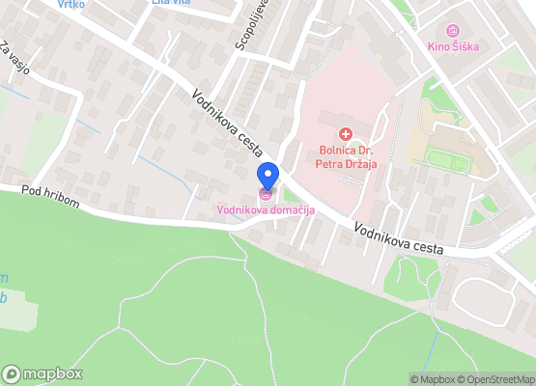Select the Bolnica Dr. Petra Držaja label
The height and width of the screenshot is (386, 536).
coord(346,155)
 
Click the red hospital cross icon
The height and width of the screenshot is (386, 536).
coord(345,133)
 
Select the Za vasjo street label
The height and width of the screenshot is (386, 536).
coord(16,61)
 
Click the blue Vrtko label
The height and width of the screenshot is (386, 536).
coord(71,4)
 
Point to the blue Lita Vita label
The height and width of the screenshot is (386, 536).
coord(171,3)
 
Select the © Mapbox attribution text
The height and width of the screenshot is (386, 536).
coord(434,379)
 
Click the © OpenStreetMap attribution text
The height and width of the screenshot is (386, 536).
coord(496,379)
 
